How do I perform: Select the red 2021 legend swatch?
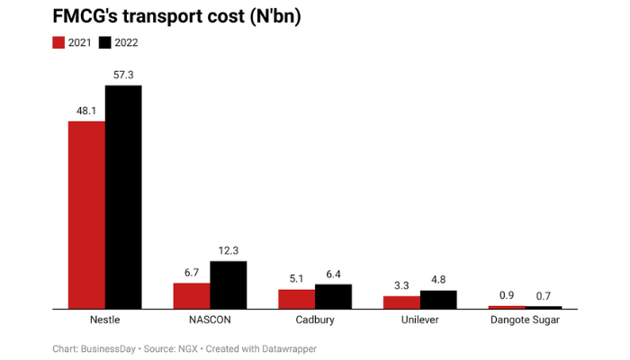click(x=60, y=42)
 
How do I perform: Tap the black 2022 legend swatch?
click(x=103, y=42)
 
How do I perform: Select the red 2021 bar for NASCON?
click(x=192, y=295)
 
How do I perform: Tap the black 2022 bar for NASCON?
click(x=228, y=284)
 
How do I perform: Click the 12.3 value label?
click(x=228, y=251)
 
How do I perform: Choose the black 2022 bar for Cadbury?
click(x=333, y=296)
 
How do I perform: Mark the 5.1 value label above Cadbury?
click(x=296, y=279)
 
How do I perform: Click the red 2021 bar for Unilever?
click(x=400, y=302)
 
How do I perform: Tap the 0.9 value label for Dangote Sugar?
click(x=506, y=296)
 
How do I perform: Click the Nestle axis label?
click(x=105, y=319)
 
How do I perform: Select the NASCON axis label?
click(x=210, y=319)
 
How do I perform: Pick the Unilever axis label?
click(x=419, y=319)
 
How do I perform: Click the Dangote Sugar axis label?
click(x=524, y=319)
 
